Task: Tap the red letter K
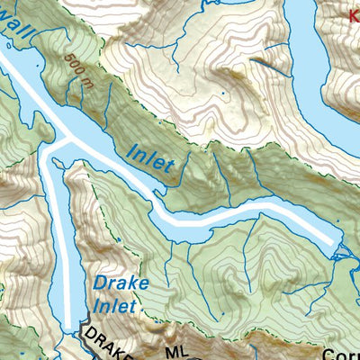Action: tap(354, 13)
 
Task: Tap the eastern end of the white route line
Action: tap(339, 240)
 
